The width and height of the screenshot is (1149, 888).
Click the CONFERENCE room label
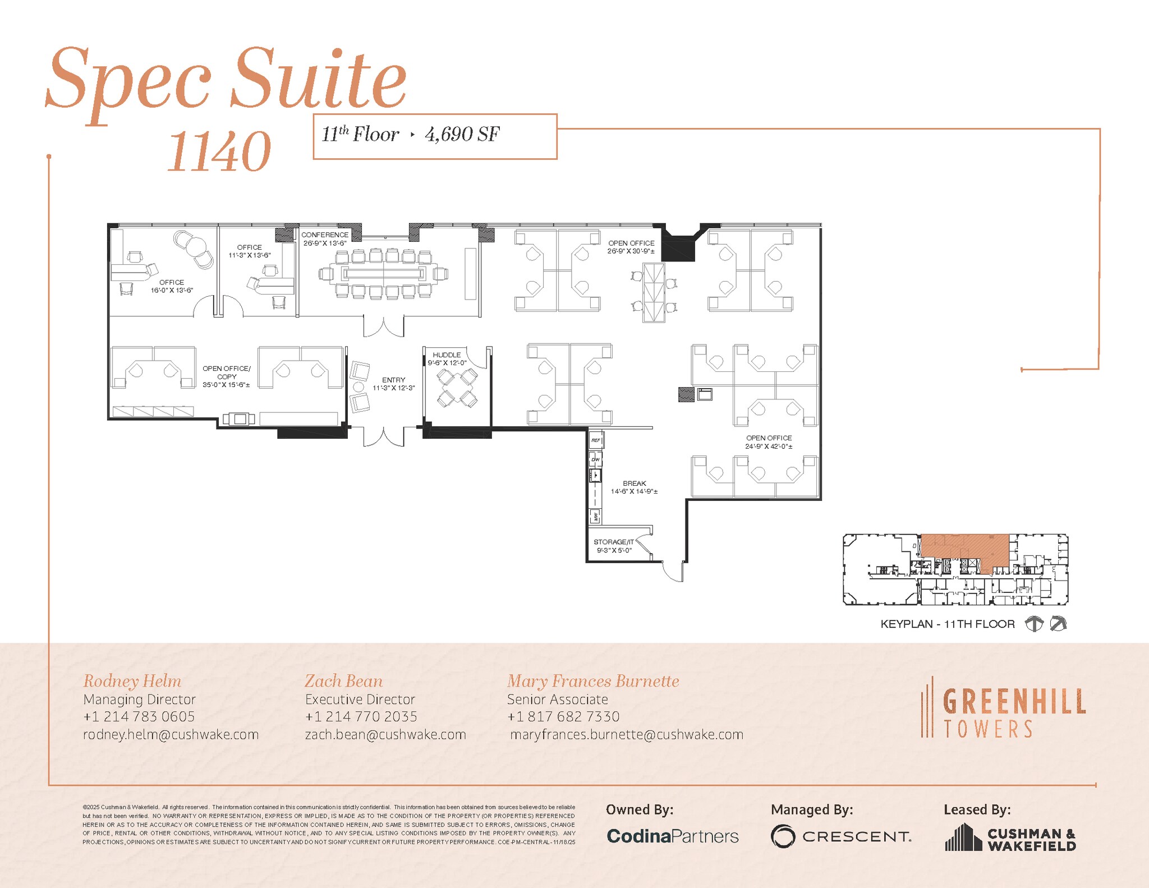coord(325,235)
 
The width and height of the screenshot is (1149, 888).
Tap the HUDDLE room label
coord(447,355)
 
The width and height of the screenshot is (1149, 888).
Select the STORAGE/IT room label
coord(613,542)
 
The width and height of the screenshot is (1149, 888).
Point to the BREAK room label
coord(634,484)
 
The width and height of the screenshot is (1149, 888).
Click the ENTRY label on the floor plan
coord(393,380)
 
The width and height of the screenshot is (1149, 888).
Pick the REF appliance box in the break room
coord(595,440)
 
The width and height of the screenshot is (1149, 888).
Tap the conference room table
coord(383,274)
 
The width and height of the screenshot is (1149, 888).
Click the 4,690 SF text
coord(462,135)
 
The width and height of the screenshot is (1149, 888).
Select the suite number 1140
coord(219,151)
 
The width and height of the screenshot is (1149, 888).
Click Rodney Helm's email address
coord(171,735)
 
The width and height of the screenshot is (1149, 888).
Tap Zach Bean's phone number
coord(361,717)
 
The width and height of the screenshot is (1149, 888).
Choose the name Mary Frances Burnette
coord(592,682)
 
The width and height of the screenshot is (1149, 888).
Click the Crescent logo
coord(840,836)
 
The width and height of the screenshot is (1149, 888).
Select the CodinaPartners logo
coord(672,836)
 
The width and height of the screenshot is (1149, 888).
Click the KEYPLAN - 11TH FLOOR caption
coord(947,624)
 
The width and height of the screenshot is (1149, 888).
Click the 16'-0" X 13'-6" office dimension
coord(172,291)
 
